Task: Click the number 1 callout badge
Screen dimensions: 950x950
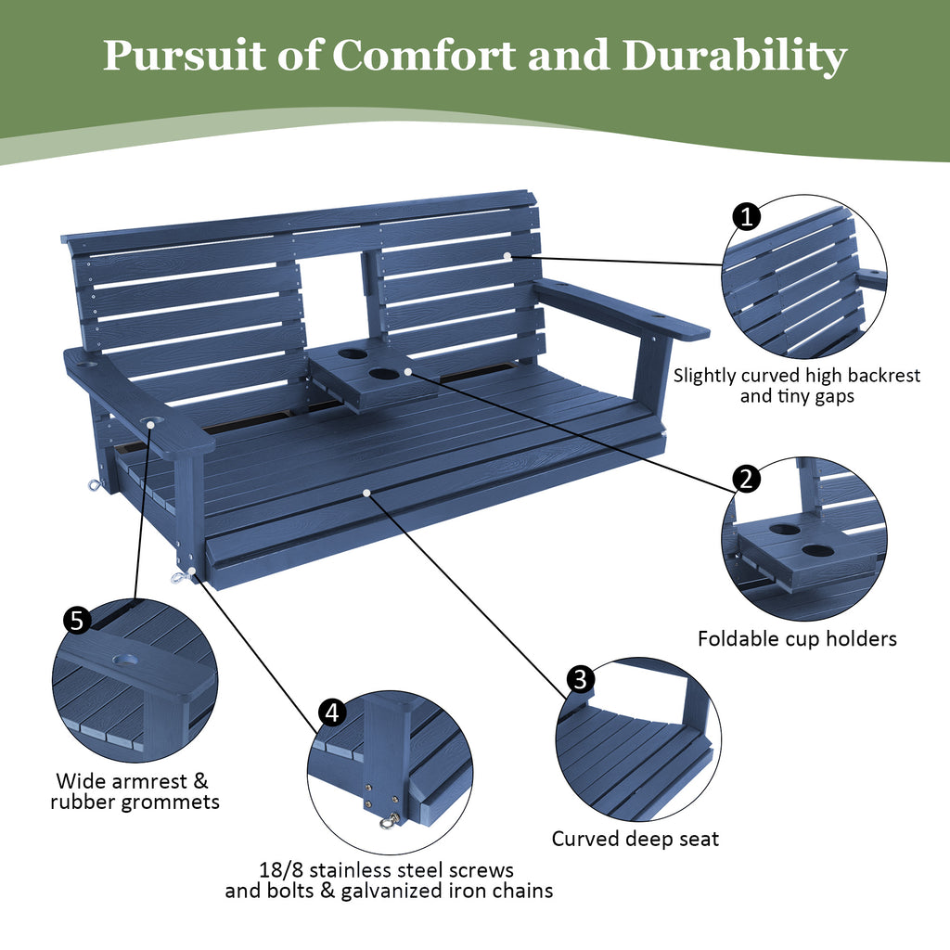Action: pyautogui.click(x=747, y=217)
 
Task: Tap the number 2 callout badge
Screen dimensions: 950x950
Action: pyautogui.click(x=746, y=479)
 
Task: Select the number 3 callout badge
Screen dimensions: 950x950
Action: pyautogui.click(x=580, y=679)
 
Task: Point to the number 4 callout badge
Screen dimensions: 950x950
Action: pyautogui.click(x=332, y=712)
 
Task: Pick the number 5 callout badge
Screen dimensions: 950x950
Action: pyautogui.click(x=77, y=620)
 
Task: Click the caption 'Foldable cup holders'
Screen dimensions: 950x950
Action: pyautogui.click(x=797, y=638)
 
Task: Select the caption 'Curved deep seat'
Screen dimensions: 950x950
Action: pyautogui.click(x=635, y=839)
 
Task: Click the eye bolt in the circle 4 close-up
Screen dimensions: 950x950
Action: pyautogui.click(x=390, y=820)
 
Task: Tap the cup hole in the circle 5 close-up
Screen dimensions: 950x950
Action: pyautogui.click(x=125, y=661)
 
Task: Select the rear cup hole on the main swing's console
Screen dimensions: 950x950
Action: pyautogui.click(x=352, y=353)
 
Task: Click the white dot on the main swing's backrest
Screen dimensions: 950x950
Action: pyautogui.click(x=507, y=255)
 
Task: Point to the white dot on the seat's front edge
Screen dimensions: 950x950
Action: pyautogui.click(x=368, y=492)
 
